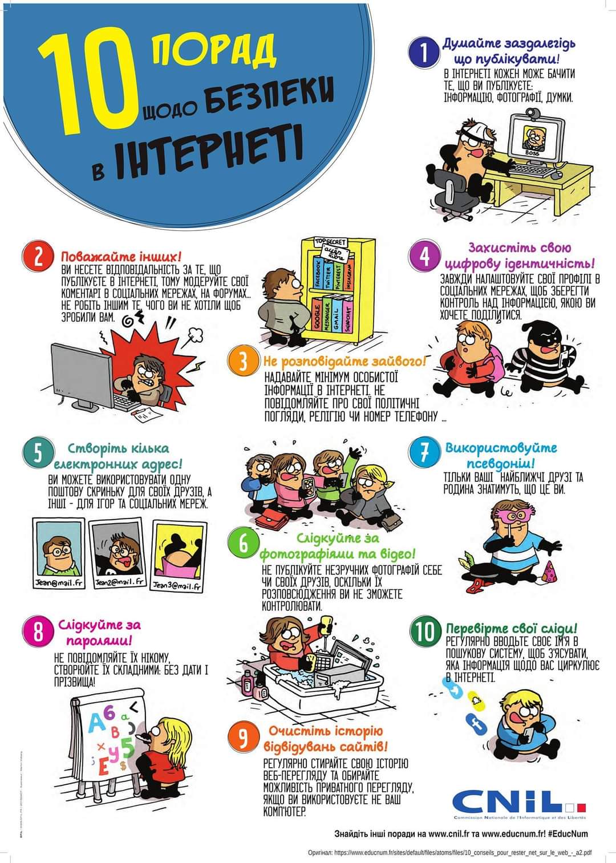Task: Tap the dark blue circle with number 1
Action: pyautogui.click(x=423, y=52)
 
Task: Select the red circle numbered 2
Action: pyautogui.click(x=38, y=258)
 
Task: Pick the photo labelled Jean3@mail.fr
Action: pyautogui.click(x=177, y=557)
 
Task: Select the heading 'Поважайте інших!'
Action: pyautogui.click(x=121, y=257)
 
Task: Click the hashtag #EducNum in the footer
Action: pyautogui.click(x=568, y=833)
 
